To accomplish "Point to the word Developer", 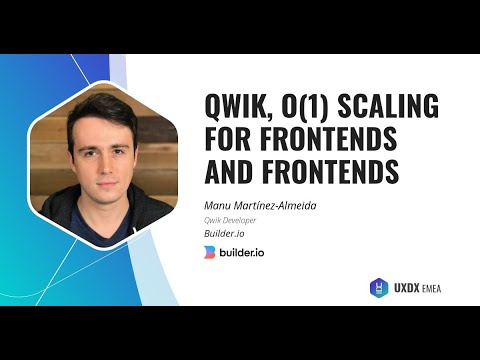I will point(240,221).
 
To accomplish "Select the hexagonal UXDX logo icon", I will point(379,287).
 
